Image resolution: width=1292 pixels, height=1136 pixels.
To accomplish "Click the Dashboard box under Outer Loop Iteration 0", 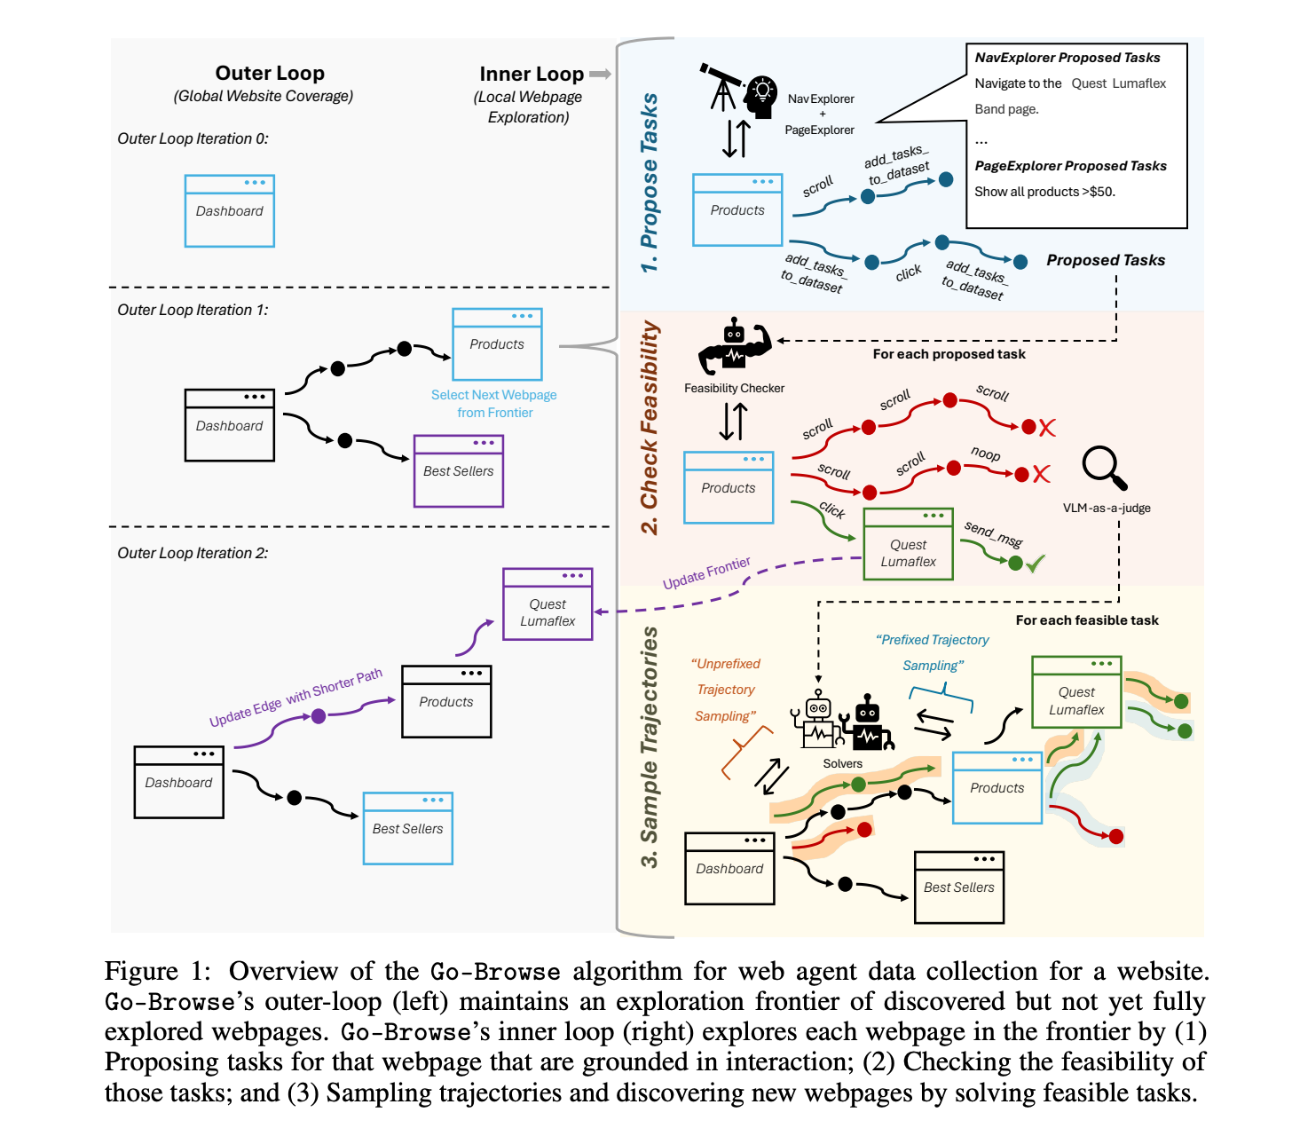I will (229, 211).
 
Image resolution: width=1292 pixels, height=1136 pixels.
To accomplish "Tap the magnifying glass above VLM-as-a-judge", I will (1104, 468).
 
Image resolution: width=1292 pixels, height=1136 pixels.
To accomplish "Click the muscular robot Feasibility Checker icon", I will (734, 347).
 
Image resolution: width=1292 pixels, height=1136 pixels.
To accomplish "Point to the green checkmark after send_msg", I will (1035, 563).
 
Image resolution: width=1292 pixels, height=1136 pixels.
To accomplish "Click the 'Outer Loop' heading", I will (270, 74).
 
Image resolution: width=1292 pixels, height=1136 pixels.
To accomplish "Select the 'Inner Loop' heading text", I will (532, 75).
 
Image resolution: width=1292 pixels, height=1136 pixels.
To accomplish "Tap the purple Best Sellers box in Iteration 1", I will (458, 471).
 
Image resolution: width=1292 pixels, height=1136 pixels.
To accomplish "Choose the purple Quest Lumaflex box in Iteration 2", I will (548, 604).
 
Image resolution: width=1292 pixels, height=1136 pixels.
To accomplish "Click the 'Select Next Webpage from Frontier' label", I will (494, 404).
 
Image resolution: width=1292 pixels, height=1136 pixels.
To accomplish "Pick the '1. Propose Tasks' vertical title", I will (650, 182).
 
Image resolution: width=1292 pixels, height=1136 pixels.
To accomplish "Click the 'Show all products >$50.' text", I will (1044, 192).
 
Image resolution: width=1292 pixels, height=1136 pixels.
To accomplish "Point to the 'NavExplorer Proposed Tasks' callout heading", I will (1067, 58).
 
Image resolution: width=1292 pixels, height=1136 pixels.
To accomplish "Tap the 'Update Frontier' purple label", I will (706, 572).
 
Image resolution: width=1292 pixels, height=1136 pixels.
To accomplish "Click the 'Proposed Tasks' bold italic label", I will (1106, 260).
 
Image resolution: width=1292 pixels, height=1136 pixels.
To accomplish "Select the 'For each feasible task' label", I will (1087, 620).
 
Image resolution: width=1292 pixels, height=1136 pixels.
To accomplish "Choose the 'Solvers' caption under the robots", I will (842, 763).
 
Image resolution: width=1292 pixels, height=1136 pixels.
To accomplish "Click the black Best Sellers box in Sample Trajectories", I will (958, 887).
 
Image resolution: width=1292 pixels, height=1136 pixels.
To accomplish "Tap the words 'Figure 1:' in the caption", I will (158, 972).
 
